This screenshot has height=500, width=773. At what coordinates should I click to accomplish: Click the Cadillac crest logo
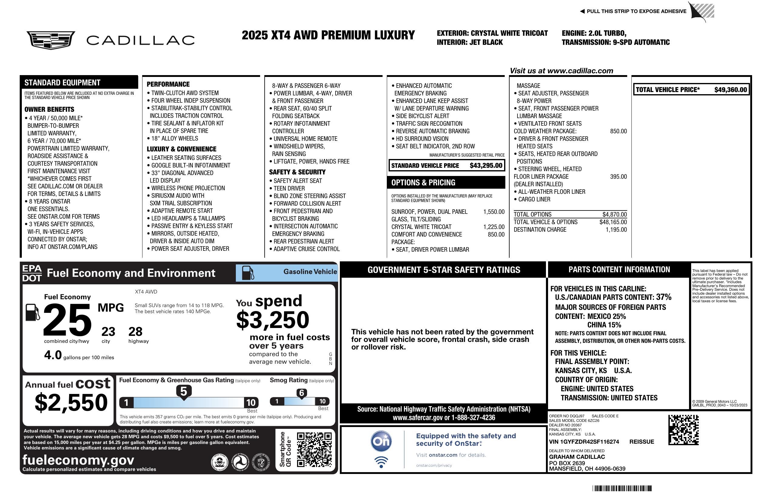(x=51, y=40)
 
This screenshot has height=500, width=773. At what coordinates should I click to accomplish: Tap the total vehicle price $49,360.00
(x=731, y=90)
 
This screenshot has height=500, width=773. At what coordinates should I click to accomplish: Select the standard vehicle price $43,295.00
(x=486, y=165)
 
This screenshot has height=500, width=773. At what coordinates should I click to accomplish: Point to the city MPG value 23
(x=108, y=332)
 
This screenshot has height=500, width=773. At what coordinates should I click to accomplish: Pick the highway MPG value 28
(x=136, y=332)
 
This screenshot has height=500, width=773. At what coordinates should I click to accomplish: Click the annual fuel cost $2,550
(x=71, y=402)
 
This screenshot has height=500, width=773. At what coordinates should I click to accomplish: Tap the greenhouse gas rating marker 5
(x=183, y=392)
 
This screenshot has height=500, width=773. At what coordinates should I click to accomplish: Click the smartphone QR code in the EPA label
(x=314, y=449)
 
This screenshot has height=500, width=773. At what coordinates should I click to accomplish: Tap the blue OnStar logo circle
(x=381, y=441)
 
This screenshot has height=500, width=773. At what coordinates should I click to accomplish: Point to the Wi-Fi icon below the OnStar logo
(x=381, y=462)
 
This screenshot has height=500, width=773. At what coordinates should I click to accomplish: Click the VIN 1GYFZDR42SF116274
(x=584, y=442)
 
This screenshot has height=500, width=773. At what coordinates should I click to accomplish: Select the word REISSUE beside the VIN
(x=641, y=442)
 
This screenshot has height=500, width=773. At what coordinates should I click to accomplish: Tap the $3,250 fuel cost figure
(x=273, y=320)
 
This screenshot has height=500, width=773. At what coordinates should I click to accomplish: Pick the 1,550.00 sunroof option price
(x=494, y=212)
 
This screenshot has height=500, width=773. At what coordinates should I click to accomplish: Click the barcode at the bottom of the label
(x=622, y=488)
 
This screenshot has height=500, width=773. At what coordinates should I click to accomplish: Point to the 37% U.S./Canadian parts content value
(x=664, y=297)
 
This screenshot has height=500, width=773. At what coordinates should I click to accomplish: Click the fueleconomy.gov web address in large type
(x=78, y=460)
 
